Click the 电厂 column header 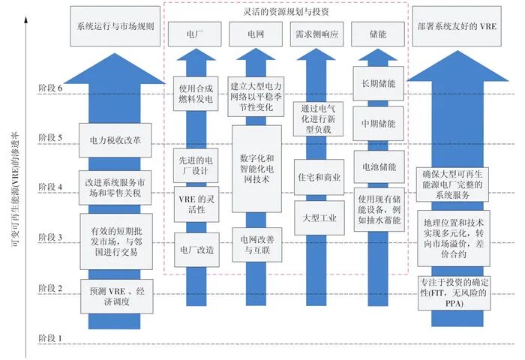pos(190,35)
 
